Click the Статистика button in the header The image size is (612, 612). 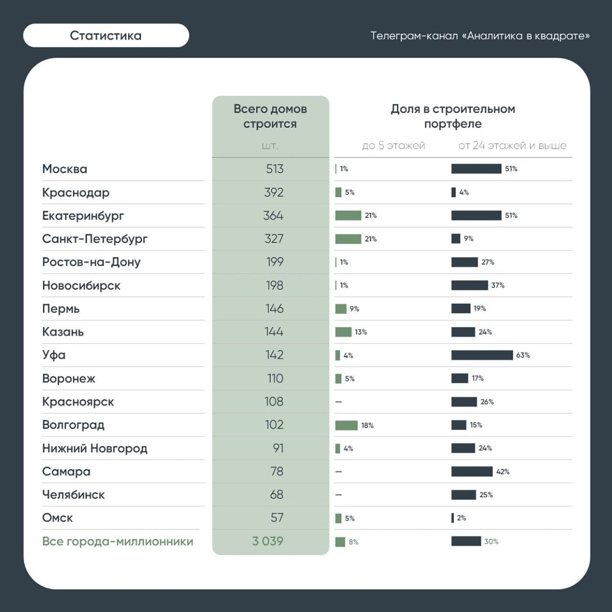(106, 36)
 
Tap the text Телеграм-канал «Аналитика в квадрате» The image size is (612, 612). (479, 36)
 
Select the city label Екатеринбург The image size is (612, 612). (83, 216)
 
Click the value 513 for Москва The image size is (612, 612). (274, 169)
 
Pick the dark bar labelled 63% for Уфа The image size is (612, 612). (481, 355)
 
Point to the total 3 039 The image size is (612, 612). (268, 541)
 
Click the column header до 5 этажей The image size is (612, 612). (393, 146)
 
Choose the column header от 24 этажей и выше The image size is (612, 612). (512, 146)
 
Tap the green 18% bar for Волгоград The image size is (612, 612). (346, 425)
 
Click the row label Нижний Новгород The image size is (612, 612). (95, 448)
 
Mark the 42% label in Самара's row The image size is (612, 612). (502, 472)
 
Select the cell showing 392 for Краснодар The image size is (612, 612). (274, 192)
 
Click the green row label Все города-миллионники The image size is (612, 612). (118, 541)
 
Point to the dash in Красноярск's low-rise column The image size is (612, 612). (339, 402)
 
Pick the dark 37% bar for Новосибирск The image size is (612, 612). (469, 285)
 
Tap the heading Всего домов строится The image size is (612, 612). (270, 116)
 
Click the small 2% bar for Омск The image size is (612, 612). (452, 518)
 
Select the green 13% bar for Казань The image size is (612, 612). (343, 332)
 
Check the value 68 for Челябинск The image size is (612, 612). (276, 495)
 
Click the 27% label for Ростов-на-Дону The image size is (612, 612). (488, 262)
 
